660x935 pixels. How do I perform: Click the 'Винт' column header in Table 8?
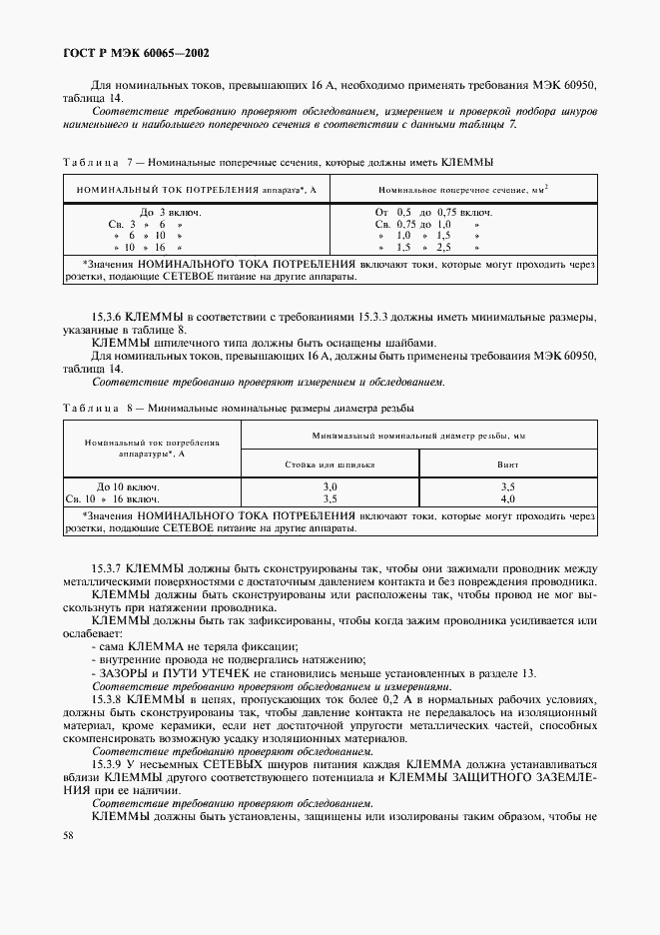coord(507,465)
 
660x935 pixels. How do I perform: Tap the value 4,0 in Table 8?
coord(507,497)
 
